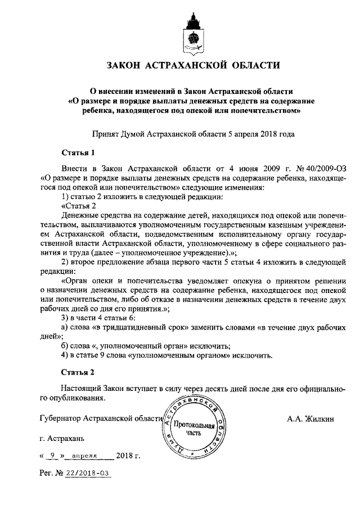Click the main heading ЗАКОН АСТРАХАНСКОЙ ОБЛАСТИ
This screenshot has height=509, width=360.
(x=193, y=65)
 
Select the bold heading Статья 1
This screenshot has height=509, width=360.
(x=74, y=152)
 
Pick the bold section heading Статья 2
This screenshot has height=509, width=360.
(x=75, y=372)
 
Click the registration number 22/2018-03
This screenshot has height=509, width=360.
(x=87, y=474)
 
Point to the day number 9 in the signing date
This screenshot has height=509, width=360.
(x=53, y=456)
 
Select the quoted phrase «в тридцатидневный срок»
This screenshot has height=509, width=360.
(x=137, y=327)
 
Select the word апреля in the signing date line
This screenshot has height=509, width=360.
(x=84, y=456)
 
